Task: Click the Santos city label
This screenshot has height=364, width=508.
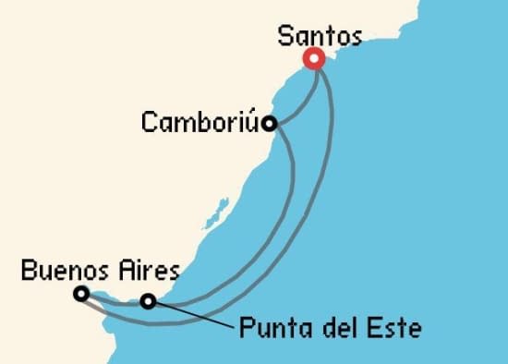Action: tap(320, 37)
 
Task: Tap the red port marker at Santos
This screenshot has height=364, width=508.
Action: tap(314, 59)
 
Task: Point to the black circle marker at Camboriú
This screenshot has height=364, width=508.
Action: tap(268, 123)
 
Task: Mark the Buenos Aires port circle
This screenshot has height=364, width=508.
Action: tap(81, 294)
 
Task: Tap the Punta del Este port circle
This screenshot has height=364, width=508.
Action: tap(148, 300)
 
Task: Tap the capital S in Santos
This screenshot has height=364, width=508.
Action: tap(285, 37)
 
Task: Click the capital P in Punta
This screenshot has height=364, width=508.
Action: tap(245, 327)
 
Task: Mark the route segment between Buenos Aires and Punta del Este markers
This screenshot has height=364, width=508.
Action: tap(115, 298)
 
